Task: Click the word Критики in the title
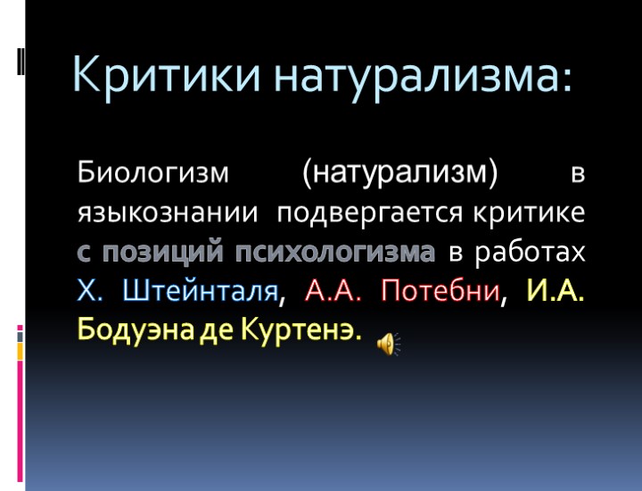pyautogui.click(x=167, y=74)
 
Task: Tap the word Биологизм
pyautogui.click(x=153, y=172)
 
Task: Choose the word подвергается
pyautogui.click(x=369, y=213)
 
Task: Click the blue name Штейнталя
pyautogui.click(x=202, y=291)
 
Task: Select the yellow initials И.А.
pyautogui.click(x=556, y=291)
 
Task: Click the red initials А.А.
pyautogui.click(x=334, y=291)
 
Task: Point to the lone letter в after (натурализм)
pyautogui.click(x=578, y=172)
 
